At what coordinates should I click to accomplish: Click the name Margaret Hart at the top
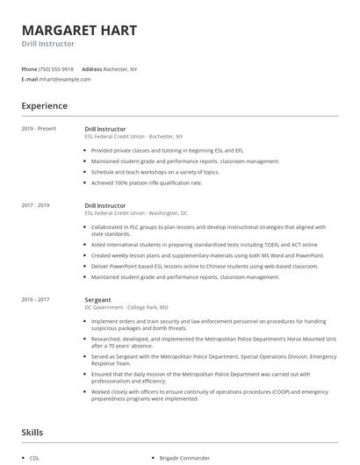pos(79,30)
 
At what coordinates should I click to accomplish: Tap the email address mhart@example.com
pos(65,79)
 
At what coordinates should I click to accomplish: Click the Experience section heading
pos(44,106)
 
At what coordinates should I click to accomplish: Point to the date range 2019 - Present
pos(39,129)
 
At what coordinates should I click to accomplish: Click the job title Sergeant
pos(99,299)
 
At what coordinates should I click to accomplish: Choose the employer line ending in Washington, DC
pos(136,213)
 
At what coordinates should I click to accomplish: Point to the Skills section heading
pos(32,433)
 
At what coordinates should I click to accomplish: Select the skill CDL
pos(35,458)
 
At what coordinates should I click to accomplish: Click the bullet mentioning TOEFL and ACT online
pos(204,245)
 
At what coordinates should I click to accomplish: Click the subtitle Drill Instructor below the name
pos(48,44)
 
